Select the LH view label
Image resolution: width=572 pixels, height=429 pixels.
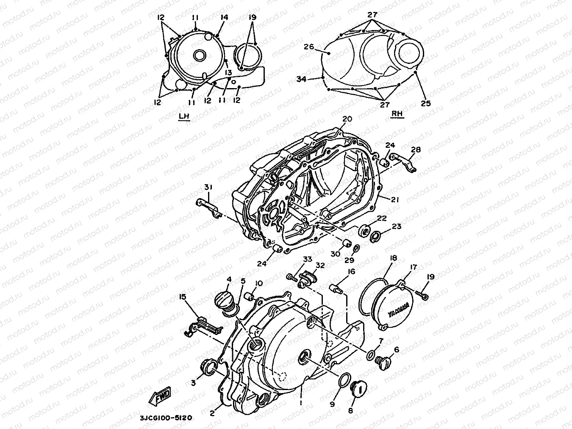point(184,116)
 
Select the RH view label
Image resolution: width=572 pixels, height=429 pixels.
point(397,113)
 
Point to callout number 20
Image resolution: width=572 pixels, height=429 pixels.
point(347,119)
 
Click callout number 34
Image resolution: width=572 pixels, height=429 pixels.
point(313,79)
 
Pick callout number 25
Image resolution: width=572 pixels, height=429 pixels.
point(425,103)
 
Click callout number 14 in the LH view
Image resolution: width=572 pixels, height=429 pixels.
point(225,17)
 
